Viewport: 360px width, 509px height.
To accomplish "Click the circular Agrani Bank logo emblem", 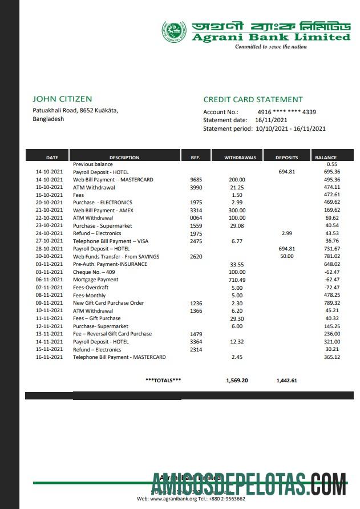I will coord(173,31).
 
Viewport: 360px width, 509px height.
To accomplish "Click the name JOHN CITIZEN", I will coord(62,99).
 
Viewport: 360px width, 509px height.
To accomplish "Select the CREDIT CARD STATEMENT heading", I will coord(253,99).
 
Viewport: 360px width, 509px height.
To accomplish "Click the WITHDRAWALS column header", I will coord(240,157).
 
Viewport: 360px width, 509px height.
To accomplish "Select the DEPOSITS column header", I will coord(286,157).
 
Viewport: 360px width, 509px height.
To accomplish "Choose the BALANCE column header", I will coord(326,157).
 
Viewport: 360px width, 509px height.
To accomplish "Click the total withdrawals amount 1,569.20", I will coord(237,380).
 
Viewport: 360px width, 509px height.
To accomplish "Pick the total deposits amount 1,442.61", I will coord(286,380).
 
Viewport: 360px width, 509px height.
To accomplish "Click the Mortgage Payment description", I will coord(95,280).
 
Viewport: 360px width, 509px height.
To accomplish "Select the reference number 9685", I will coord(196,180).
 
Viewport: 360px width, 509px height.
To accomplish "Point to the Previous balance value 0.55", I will coord(333,164).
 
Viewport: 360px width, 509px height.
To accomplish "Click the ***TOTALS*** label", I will coord(163,380).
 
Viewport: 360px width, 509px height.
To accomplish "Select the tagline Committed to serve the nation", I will coord(271,47).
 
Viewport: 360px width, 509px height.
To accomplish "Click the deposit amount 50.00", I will coord(288,257).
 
